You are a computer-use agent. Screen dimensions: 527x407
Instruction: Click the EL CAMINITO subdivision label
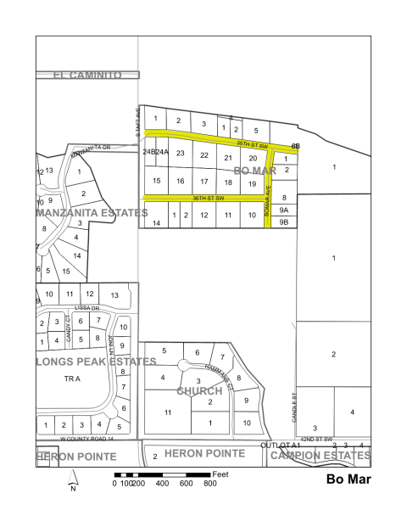click(x=87, y=75)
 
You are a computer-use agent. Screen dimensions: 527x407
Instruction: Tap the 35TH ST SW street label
click(x=252, y=143)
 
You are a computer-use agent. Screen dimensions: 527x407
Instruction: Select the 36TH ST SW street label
click(x=207, y=198)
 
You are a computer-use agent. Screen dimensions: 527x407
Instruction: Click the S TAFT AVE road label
click(x=137, y=119)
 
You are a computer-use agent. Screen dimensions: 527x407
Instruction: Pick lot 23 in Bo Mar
click(x=180, y=154)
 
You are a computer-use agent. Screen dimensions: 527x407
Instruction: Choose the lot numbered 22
click(x=203, y=154)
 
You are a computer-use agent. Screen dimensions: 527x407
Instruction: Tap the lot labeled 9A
click(x=285, y=210)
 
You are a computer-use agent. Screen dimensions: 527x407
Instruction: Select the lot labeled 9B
click(x=285, y=222)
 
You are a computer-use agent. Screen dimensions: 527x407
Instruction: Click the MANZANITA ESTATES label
click(x=91, y=212)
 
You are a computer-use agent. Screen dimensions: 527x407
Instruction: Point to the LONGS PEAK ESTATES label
click(x=96, y=361)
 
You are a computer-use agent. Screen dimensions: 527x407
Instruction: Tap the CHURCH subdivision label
click(x=199, y=391)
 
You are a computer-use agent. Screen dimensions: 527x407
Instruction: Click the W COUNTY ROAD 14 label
click(x=86, y=440)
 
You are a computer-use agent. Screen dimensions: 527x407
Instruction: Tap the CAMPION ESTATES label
click(x=321, y=456)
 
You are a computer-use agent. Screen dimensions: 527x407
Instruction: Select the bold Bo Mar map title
click(x=348, y=479)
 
